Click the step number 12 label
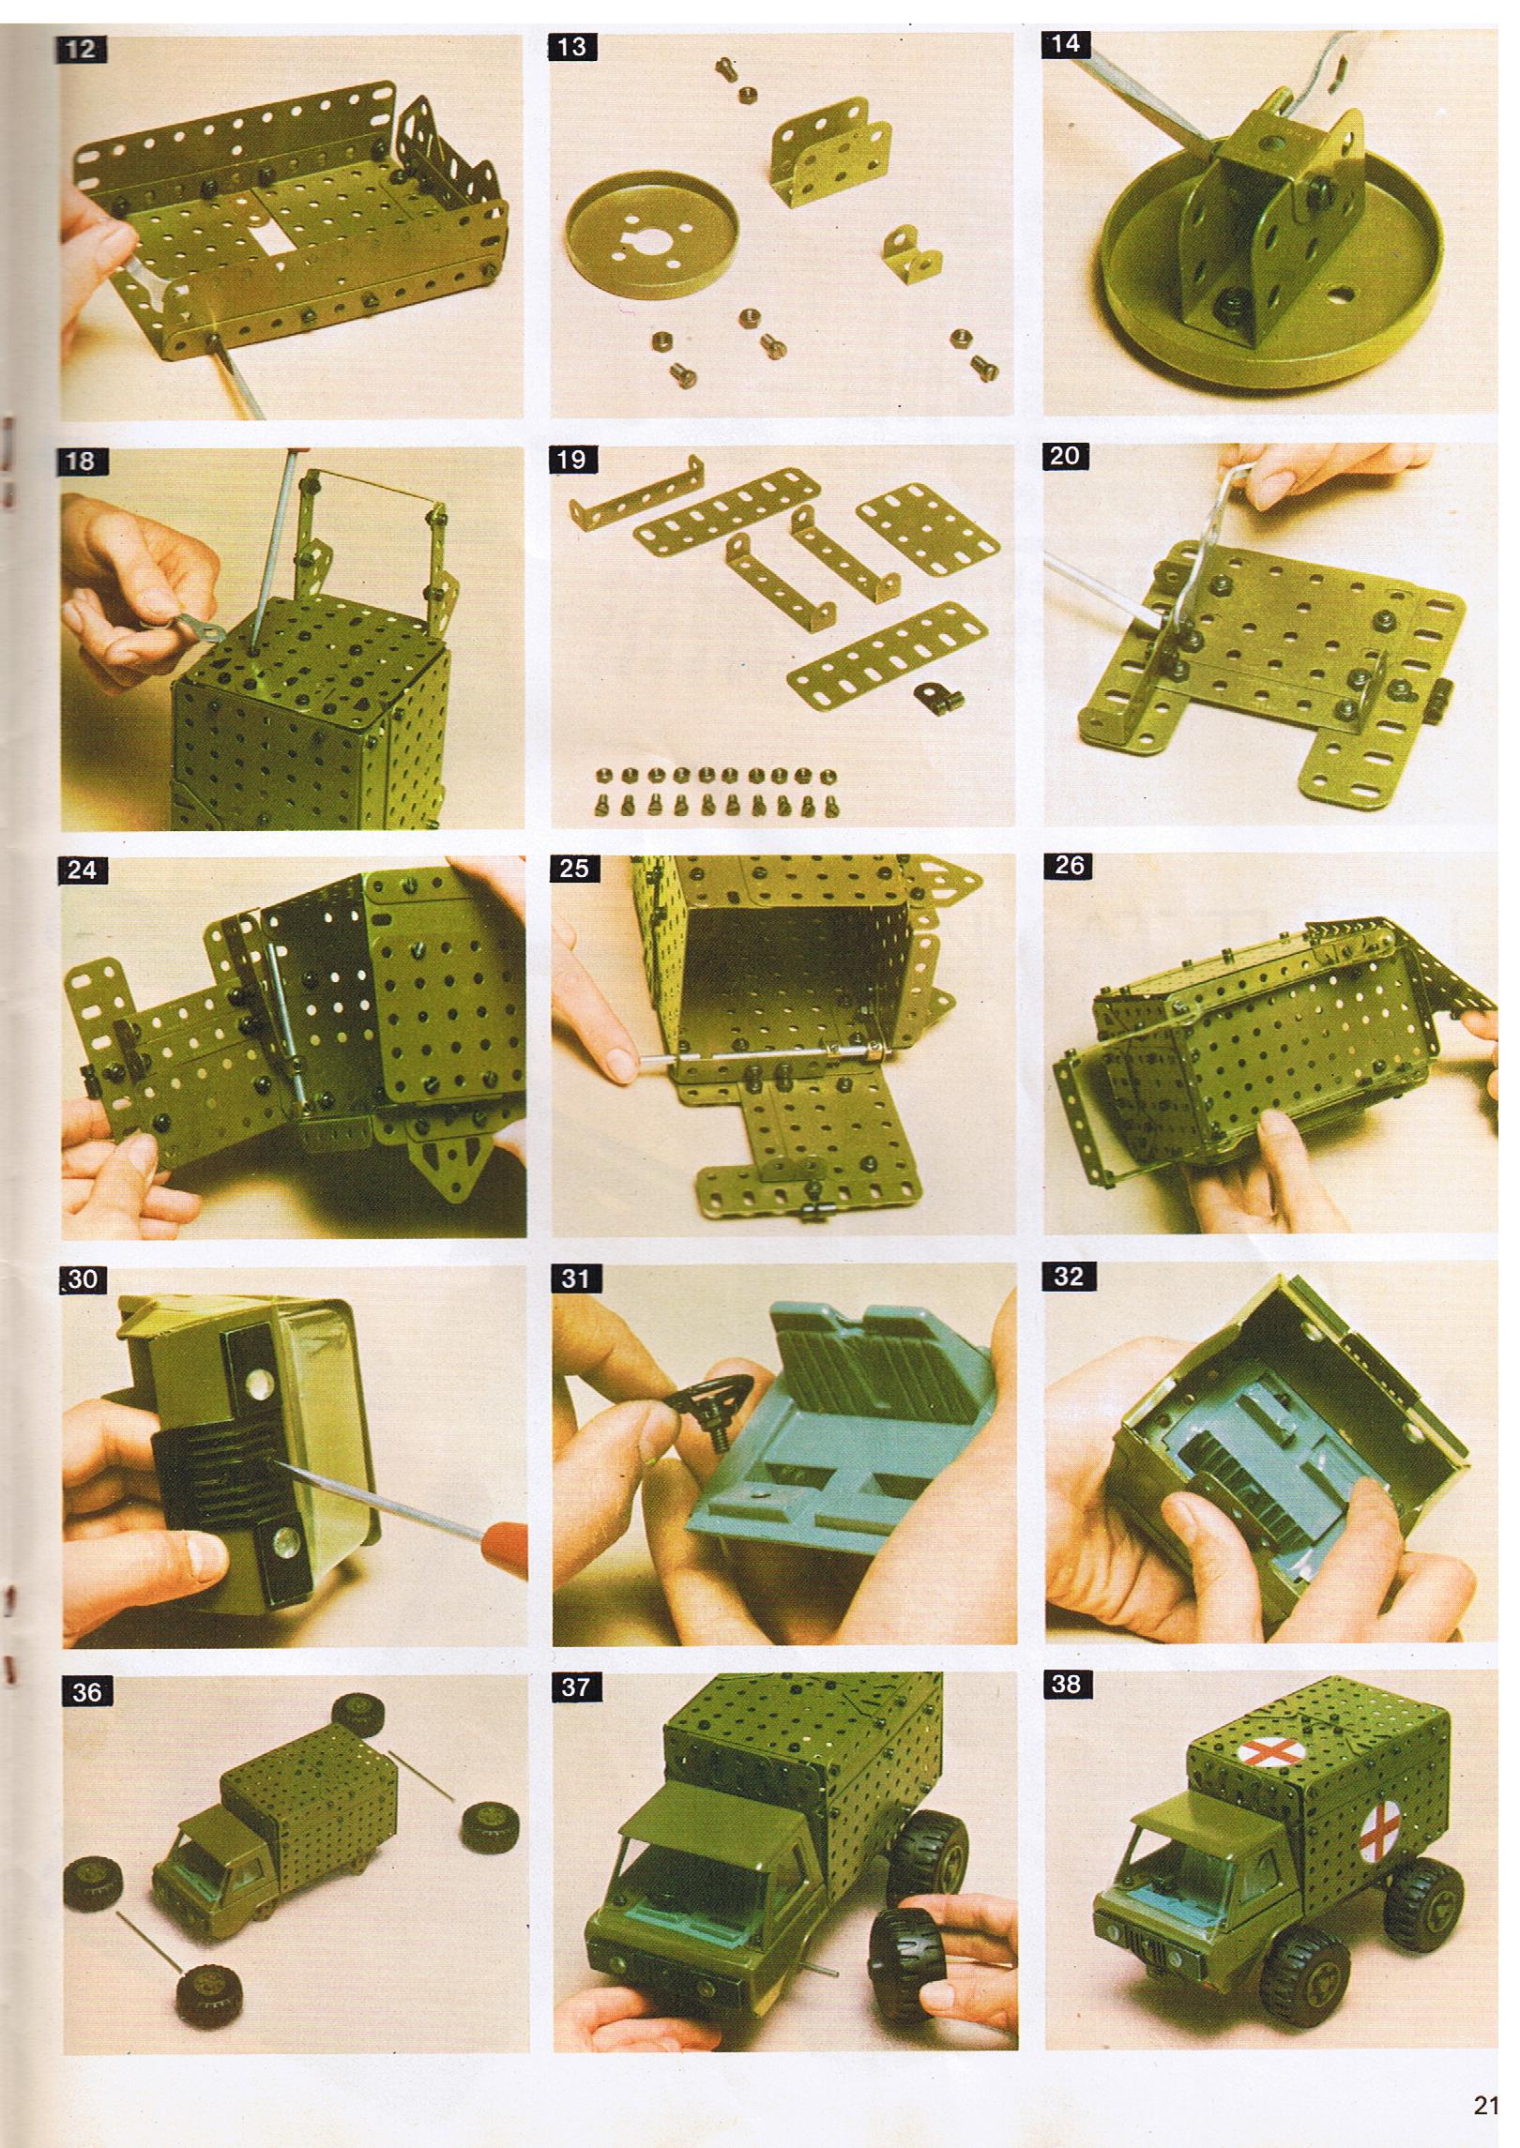pyautogui.click(x=81, y=49)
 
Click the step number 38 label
pyautogui.click(x=1068, y=1684)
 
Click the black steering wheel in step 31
pyautogui.click(x=713, y=1397)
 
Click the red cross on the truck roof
pyautogui.click(x=1265, y=1751)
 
